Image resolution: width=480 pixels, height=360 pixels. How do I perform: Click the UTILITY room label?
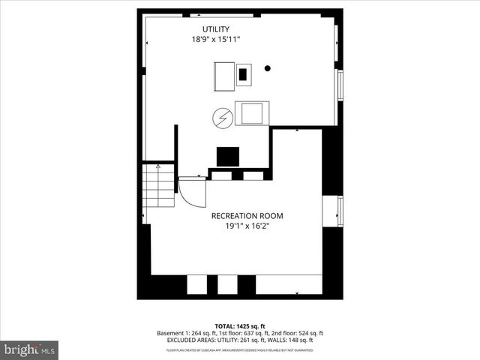(214, 29)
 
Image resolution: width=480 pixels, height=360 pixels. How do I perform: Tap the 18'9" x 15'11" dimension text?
(214, 40)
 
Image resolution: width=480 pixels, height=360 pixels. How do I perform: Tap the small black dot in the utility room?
(267, 68)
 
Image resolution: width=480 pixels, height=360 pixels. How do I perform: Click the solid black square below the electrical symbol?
(228, 156)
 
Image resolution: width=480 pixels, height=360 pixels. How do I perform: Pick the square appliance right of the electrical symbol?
(250, 113)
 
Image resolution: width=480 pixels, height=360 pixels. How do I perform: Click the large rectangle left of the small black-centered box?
(223, 74)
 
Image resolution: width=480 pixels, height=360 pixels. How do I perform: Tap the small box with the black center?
(244, 73)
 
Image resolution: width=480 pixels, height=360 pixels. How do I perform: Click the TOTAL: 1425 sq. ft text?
(240, 325)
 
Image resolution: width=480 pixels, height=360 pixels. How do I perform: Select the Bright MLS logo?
(29, 349)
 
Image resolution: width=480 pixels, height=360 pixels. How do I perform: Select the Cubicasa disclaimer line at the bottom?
(240, 349)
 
